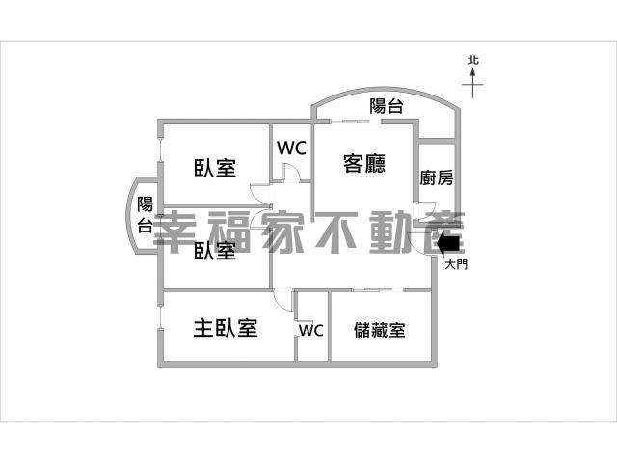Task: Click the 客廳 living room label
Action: click(364, 164)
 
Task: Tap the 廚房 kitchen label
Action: click(437, 177)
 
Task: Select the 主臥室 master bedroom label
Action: click(226, 328)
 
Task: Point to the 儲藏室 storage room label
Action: click(379, 330)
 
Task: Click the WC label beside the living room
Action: click(291, 148)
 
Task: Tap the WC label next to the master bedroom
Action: click(310, 330)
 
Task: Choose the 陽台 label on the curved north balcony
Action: click(387, 106)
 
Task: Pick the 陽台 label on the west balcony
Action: click(145, 214)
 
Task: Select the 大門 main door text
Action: click(456, 264)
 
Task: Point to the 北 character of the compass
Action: click(473, 60)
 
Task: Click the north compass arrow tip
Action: click(472, 69)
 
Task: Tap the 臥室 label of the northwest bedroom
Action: click(215, 167)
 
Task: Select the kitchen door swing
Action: click(427, 212)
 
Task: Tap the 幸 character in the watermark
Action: click(175, 232)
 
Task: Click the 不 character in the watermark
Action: click(338, 232)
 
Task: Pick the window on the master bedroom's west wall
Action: click(160, 317)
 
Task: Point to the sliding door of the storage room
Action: click(378, 290)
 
